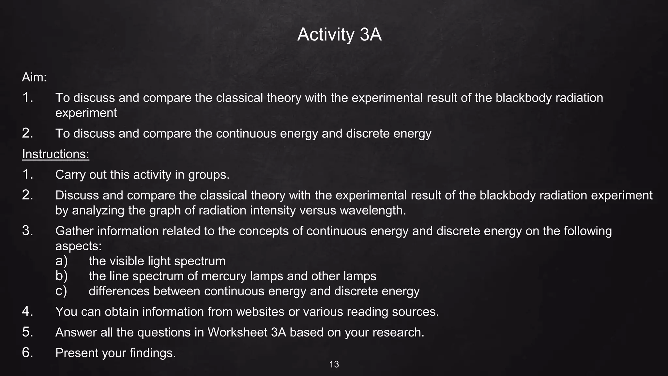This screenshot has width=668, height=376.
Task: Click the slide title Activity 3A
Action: pyautogui.click(x=339, y=34)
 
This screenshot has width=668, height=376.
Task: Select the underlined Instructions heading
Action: pyautogui.click(x=55, y=154)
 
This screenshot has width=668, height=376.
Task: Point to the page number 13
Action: pyautogui.click(x=334, y=364)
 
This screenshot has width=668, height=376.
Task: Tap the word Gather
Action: pyautogui.click(x=74, y=231)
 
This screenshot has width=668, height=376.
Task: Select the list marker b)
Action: pyautogui.click(x=61, y=276)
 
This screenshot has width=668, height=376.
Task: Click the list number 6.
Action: pyautogui.click(x=27, y=353)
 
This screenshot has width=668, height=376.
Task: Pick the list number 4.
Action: pyautogui.click(x=27, y=312)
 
